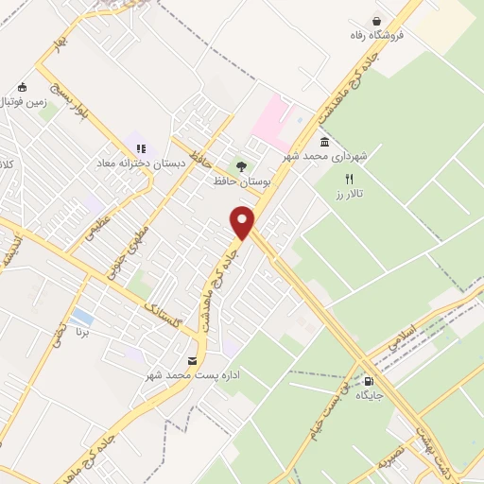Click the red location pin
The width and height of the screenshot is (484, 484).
pos(243,222)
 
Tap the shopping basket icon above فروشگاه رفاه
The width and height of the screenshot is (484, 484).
pos(377,21)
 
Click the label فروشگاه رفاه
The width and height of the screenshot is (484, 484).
pos(375,36)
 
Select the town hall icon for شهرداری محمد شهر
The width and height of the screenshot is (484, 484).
pos(324,142)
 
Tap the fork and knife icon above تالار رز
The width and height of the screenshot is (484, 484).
pos(349,178)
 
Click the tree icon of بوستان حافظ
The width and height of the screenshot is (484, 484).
pos(240,167)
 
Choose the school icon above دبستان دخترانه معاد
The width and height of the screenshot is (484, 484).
pos(141,148)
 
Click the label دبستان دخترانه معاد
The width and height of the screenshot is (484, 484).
pos(133,164)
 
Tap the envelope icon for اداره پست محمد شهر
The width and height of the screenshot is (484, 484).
pos(193,361)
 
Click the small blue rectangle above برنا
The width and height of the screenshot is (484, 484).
pos(81,315)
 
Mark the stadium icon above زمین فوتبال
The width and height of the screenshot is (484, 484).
pos(22,87)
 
